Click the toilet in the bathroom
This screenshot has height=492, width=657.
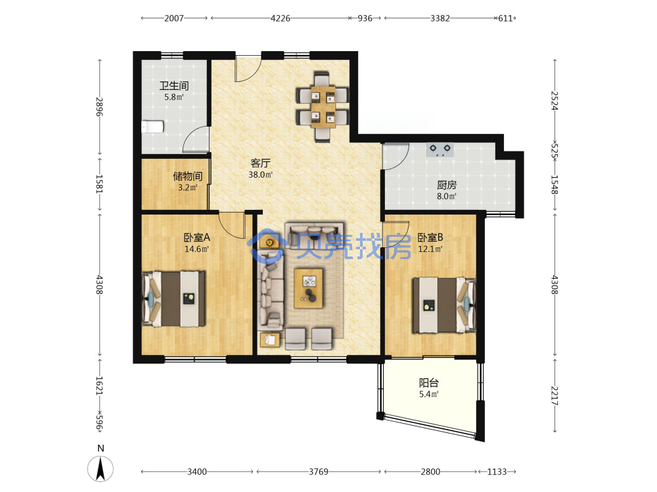(x=152, y=127)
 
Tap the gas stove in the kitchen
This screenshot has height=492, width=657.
(x=440, y=150)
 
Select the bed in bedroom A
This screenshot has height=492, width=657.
(x=174, y=298)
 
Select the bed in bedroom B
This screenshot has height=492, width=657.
(x=444, y=305)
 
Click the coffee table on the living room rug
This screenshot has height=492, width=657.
(x=308, y=288)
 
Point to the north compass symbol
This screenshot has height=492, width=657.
(x=101, y=468)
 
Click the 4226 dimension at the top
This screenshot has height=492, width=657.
(x=281, y=18)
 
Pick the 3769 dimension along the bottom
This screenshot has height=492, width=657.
(x=319, y=472)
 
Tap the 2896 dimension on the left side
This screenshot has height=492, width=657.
(x=99, y=107)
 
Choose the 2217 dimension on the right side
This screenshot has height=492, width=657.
(x=555, y=396)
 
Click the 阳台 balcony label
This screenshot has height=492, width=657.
(x=429, y=382)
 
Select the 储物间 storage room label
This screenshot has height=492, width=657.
(x=188, y=176)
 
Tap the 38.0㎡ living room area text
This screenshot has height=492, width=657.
(x=261, y=174)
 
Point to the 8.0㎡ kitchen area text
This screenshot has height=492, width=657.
(x=447, y=195)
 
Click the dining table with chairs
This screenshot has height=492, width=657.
(x=322, y=107)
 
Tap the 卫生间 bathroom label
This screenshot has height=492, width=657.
(x=174, y=86)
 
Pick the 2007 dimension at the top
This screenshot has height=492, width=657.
(x=174, y=18)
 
